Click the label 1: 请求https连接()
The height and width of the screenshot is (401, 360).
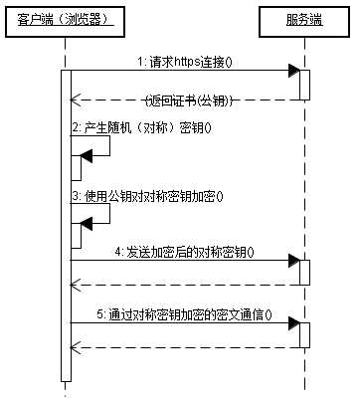[181, 62]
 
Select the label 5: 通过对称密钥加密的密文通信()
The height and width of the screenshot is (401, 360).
[185, 314]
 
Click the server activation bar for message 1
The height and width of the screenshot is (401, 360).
[303, 86]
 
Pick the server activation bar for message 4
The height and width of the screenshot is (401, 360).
[303, 272]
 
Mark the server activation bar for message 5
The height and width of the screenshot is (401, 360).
[303, 334]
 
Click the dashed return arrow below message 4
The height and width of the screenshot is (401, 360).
[184, 285]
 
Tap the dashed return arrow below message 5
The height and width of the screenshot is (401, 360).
[184, 347]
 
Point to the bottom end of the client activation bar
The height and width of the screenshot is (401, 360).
[65, 379]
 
